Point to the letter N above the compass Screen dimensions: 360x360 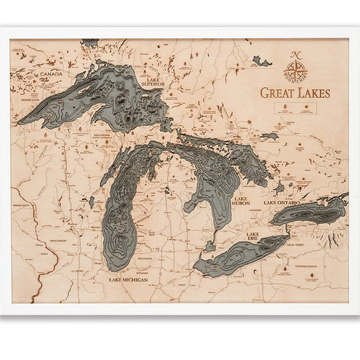click(x=294, y=54)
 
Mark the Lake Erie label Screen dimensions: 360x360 click(x=253, y=238)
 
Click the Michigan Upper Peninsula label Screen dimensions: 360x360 click(x=102, y=137)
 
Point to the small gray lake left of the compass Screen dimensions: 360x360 click(x=262, y=63)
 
